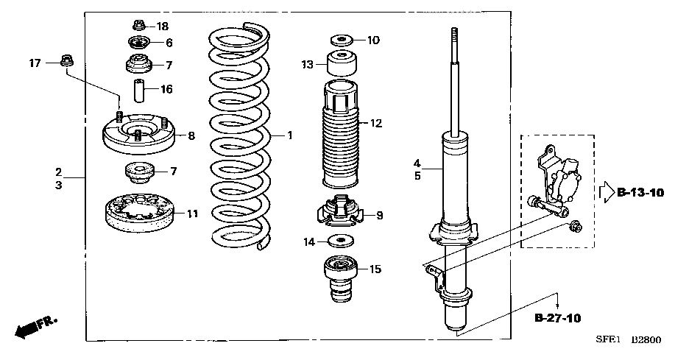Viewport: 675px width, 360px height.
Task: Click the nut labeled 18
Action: pos(138,26)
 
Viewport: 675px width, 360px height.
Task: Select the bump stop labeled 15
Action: pos(341,279)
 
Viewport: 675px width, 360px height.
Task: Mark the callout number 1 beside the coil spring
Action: pos(290,135)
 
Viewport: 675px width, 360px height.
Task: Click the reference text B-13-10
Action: pos(640,192)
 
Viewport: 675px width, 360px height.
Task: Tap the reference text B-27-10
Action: pos(557,318)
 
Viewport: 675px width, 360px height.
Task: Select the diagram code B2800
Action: pos(646,340)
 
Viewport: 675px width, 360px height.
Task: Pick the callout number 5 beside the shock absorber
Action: pos(417,176)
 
